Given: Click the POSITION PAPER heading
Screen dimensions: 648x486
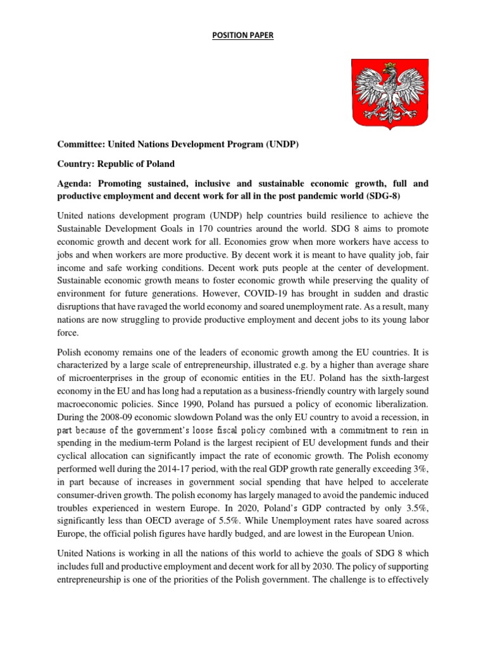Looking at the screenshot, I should click(242, 36).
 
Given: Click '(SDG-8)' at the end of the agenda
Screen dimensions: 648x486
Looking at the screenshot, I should click(410, 196).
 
